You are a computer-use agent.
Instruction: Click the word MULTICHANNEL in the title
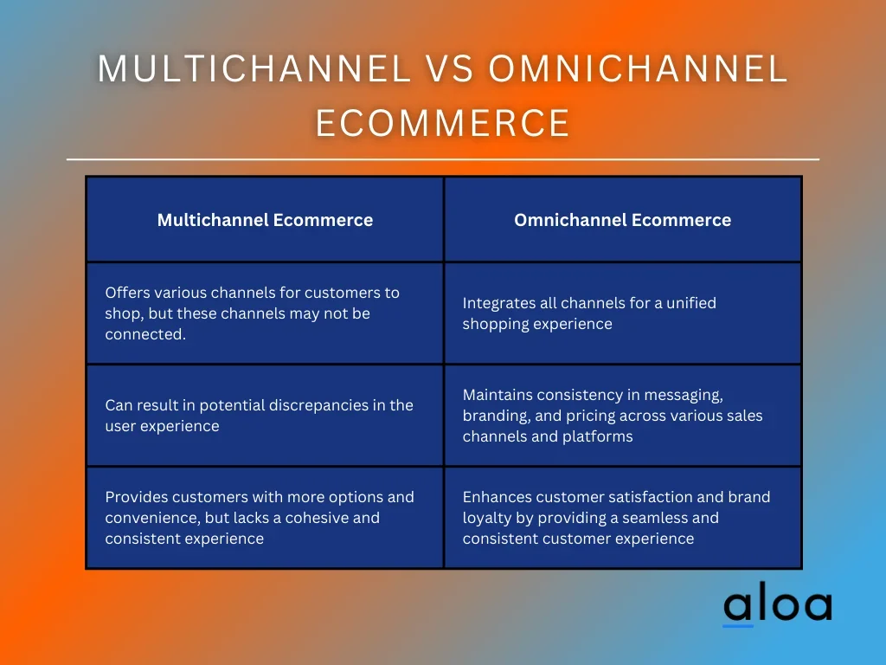(x=254, y=68)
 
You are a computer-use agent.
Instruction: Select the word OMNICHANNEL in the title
(x=638, y=68)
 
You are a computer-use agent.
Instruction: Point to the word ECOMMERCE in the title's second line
(x=442, y=123)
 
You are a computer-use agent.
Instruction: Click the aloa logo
(x=778, y=604)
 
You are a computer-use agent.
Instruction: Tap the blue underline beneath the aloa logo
(x=738, y=626)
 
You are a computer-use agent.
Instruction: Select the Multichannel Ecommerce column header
(x=265, y=220)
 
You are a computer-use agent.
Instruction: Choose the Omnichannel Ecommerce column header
(x=623, y=220)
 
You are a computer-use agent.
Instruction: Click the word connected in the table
(x=145, y=334)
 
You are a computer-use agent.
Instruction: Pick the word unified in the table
(x=691, y=303)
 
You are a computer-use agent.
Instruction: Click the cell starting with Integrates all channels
(x=623, y=313)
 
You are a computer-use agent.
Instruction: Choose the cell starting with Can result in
(x=265, y=416)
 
